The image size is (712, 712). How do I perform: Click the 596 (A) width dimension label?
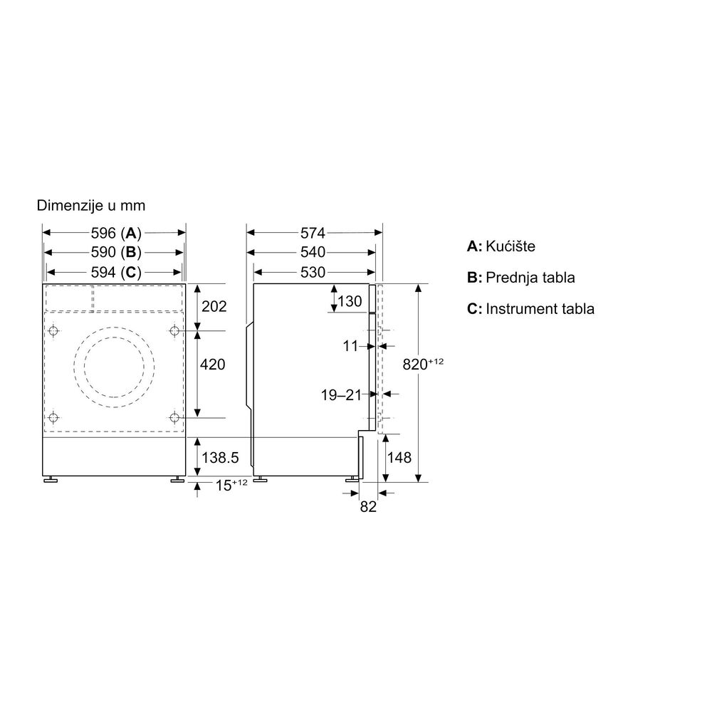(x=116, y=233)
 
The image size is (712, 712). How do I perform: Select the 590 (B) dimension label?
(x=116, y=252)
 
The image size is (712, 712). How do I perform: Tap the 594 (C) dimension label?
(x=116, y=272)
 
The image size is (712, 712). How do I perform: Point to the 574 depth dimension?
(x=313, y=233)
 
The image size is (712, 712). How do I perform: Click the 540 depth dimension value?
(x=313, y=252)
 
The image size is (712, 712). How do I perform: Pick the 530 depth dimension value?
(x=313, y=272)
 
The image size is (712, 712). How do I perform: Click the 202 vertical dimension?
(x=214, y=306)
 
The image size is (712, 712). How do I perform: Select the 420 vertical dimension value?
(x=212, y=364)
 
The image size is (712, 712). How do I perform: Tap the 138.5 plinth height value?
(x=220, y=457)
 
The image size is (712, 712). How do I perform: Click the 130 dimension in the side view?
(x=350, y=301)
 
